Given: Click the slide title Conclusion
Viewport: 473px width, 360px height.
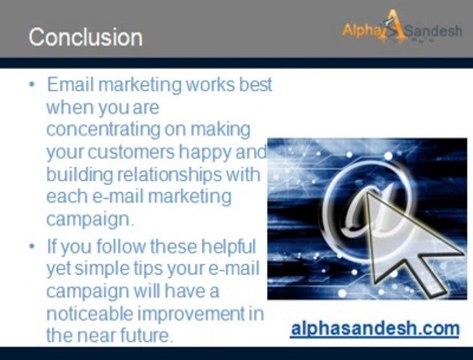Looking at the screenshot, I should click(x=85, y=38).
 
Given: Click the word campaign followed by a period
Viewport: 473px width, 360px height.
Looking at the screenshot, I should click(x=91, y=218).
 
